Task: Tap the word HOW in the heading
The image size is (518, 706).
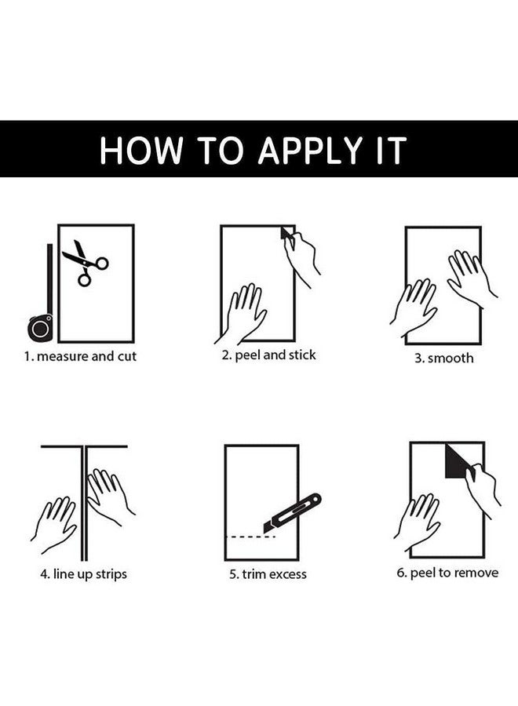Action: (x=141, y=150)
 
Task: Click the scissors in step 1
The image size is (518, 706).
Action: (x=84, y=263)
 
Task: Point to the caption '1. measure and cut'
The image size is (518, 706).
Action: (x=80, y=357)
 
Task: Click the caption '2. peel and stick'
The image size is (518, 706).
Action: (x=269, y=355)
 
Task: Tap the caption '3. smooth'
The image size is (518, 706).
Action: (x=444, y=358)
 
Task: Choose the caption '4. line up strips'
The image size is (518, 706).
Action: (x=84, y=574)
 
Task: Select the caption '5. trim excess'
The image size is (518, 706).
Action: (x=268, y=574)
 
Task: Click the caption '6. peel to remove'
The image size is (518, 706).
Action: (x=447, y=573)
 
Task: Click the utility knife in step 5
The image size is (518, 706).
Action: (x=292, y=514)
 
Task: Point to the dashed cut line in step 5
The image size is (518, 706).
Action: (x=250, y=537)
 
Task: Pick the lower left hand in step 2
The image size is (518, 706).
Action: (x=242, y=313)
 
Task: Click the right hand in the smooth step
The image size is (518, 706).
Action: (x=471, y=277)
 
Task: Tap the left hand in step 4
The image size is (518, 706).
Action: (x=54, y=525)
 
